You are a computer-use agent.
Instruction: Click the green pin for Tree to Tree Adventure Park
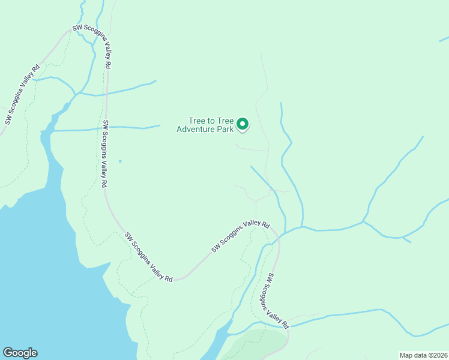click(243, 124)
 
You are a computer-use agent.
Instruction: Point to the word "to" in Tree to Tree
click(212, 121)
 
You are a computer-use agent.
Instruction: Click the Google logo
click(20, 353)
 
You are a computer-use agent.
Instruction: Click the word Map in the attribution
click(406, 355)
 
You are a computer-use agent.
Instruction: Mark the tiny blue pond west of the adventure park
click(120, 161)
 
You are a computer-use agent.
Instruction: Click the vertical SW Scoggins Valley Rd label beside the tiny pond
click(104, 153)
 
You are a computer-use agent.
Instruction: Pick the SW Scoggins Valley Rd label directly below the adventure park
click(240, 236)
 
